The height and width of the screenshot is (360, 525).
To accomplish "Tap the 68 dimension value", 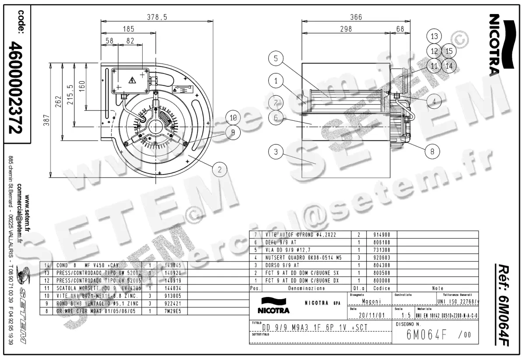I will pyautogui.click(x=400, y=29).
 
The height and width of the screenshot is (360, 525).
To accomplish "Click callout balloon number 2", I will pyautogui.click(x=220, y=168).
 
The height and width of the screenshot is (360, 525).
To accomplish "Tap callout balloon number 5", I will pyautogui.click(x=276, y=59).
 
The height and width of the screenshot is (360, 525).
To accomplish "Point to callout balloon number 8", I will pyautogui.click(x=432, y=151).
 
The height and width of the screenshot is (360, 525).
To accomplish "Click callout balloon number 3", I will pyautogui.click(x=276, y=152).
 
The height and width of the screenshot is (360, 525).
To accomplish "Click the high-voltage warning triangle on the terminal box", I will pyautogui.click(x=132, y=80).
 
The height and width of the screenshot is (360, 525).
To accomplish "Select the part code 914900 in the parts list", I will pyautogui.click(x=378, y=234).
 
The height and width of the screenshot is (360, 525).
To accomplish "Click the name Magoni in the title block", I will pyautogui.click(x=371, y=301).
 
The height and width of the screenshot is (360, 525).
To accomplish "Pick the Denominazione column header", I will pyautogui.click(x=306, y=289).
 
